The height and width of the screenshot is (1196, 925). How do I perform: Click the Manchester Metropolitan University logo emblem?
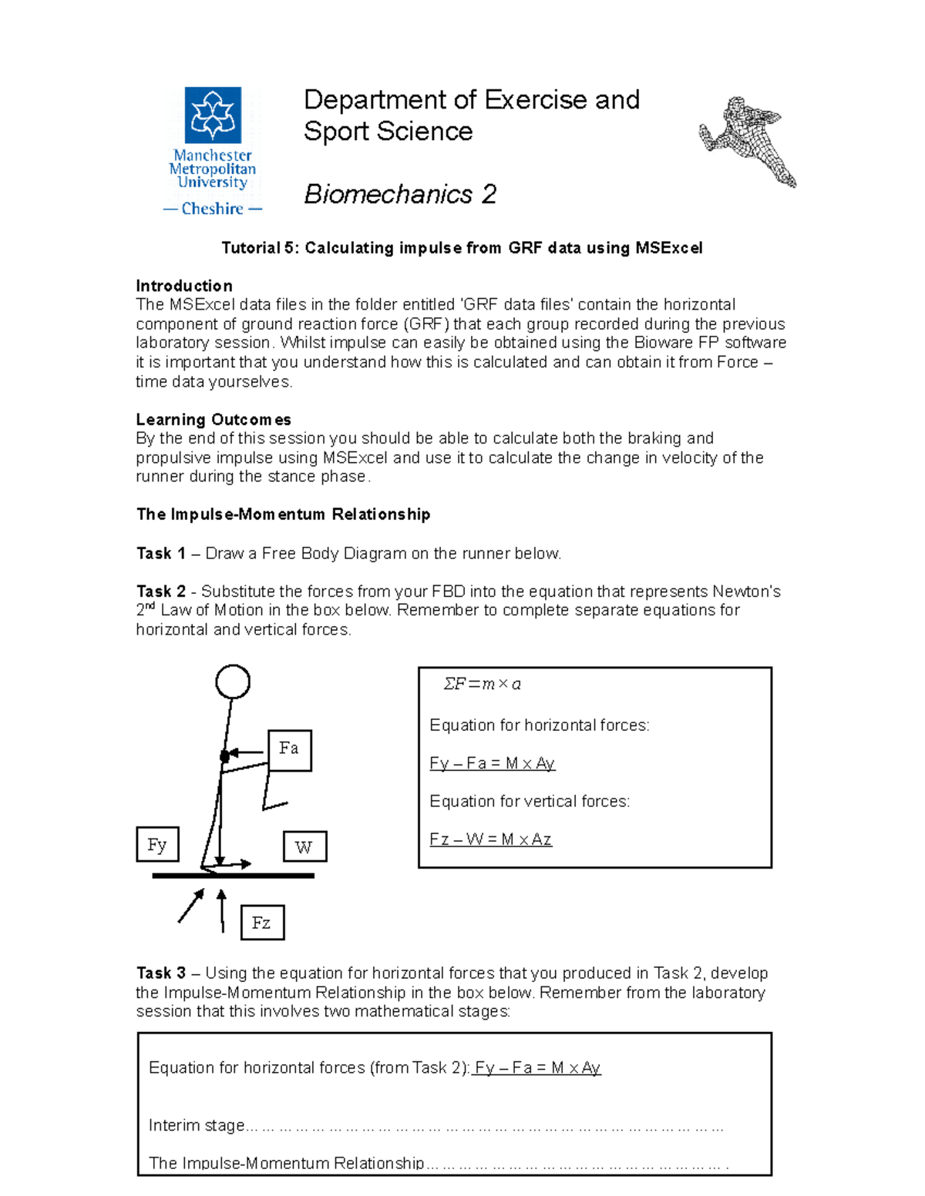point(213,115)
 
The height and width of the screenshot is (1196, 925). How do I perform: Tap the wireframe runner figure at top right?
point(747,141)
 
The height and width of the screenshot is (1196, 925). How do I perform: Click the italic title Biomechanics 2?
point(399,194)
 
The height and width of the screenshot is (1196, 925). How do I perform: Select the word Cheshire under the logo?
point(213,209)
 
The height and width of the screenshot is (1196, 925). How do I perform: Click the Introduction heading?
point(184,286)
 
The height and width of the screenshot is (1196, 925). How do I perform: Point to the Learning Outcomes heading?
point(214,420)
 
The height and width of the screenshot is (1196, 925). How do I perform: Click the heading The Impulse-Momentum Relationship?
point(283,514)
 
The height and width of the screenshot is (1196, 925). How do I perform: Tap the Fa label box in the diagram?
point(289,749)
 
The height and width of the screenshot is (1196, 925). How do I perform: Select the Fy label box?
point(157,845)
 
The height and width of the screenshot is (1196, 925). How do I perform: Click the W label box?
point(304,847)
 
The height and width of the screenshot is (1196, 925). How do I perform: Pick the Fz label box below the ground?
point(262,923)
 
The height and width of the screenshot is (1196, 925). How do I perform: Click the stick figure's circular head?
point(233,682)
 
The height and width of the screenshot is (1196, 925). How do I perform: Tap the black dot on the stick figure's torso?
point(224,756)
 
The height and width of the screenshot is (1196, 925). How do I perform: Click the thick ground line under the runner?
point(233,876)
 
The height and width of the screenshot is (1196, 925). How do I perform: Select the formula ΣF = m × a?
point(482,684)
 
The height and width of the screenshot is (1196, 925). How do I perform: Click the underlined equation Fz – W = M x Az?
point(490,839)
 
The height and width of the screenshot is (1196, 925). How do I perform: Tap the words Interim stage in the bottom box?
point(196,1125)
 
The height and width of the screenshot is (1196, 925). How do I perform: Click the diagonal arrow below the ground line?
point(191,906)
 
